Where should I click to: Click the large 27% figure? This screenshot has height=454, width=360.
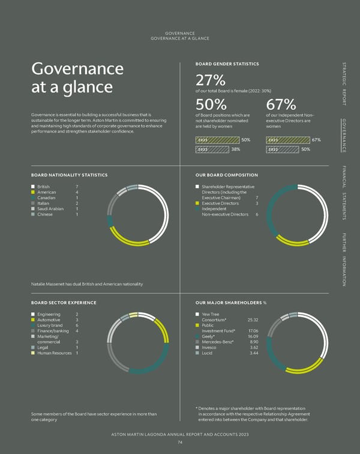(x=211, y=80)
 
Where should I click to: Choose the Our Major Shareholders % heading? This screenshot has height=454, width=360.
(x=231, y=303)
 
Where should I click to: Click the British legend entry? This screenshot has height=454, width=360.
(x=44, y=187)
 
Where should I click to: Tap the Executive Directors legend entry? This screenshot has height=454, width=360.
(x=222, y=203)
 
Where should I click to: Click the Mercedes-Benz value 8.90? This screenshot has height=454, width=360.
(x=254, y=341)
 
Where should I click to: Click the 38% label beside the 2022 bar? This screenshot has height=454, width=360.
(x=236, y=149)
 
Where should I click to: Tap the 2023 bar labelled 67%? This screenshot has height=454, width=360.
(x=286, y=140)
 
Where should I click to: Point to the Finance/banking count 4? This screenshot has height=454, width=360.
(x=77, y=330)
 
